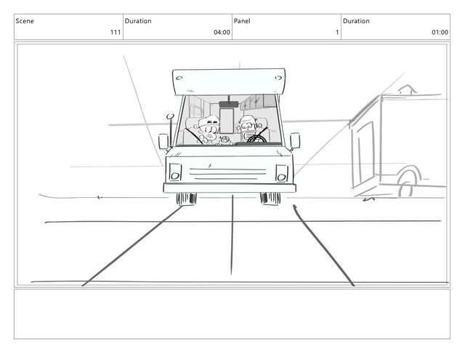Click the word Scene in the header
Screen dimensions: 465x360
[25, 21]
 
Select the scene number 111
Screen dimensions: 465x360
[116, 32]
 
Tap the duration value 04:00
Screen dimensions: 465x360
[222, 32]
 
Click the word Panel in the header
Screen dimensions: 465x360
[242, 21]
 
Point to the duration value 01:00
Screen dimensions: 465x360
[440, 32]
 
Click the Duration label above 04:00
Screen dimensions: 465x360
[138, 21]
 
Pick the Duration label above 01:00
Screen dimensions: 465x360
[356, 21]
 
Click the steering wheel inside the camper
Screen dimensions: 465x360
[256, 139]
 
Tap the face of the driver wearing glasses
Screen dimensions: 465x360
[248, 125]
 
